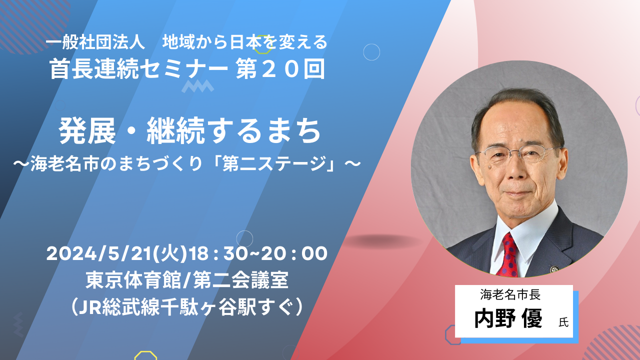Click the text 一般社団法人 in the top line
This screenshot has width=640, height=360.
(95, 43)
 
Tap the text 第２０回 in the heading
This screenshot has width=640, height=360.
(280, 69)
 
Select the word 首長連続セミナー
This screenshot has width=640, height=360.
(138, 69)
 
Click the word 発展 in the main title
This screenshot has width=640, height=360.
(87, 131)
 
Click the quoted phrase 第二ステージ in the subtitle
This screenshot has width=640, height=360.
(275, 163)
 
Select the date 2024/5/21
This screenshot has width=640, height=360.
(99, 253)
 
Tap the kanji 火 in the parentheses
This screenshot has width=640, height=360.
(170, 253)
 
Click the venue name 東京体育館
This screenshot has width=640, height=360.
(133, 280)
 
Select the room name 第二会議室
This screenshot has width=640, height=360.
(241, 280)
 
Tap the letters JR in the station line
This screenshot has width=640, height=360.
(90, 306)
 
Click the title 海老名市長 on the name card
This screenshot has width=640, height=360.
(510, 295)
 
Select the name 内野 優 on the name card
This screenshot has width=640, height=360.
(508, 318)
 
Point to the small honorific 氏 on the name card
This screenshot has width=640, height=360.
(563, 322)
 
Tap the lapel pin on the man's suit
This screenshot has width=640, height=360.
(554, 269)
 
